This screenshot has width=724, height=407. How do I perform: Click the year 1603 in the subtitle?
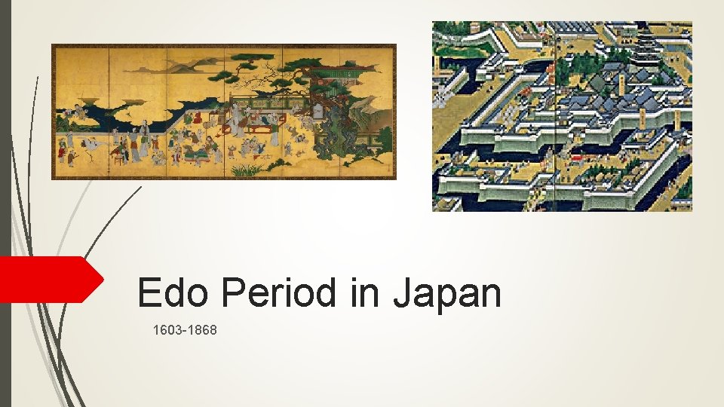coord(167,329)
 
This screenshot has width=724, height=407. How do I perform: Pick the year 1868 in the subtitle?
coord(202,329)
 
